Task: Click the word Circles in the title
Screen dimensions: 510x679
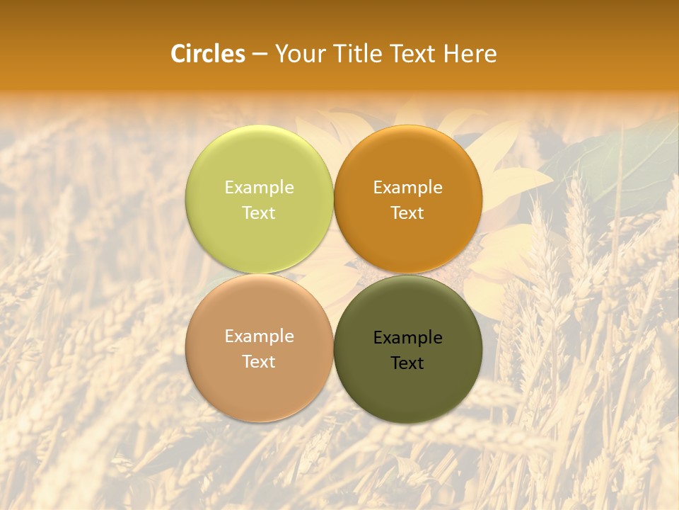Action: point(207,54)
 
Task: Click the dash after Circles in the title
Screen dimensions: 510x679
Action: point(260,55)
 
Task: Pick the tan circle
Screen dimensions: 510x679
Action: point(259,390)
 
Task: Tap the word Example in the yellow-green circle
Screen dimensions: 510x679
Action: point(259,188)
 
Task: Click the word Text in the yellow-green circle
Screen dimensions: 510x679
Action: point(259,212)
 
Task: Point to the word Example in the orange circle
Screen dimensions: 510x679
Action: point(408,188)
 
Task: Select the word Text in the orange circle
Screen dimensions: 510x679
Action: point(408,212)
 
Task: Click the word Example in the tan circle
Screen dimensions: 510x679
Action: point(259,336)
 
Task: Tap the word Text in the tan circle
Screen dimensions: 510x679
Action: point(259,361)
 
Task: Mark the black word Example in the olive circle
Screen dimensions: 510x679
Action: point(408,338)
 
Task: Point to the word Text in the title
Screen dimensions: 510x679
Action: point(414,54)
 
